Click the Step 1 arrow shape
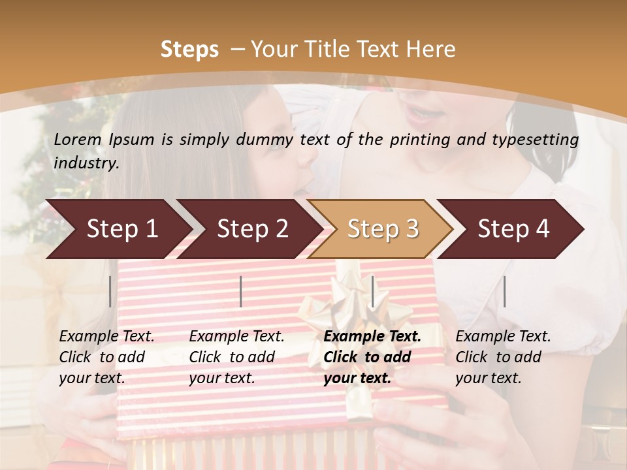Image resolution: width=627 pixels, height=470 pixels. point(118,229)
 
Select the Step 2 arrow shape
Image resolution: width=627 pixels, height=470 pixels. point(249,229)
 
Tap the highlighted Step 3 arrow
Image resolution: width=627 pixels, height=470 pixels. point(381,229)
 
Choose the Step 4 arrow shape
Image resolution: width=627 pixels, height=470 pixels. point(511,229)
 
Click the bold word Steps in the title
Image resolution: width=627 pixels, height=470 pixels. point(189,49)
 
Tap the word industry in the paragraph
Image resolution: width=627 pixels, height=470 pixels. point(86,163)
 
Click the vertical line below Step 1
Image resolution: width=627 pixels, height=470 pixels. point(110,291)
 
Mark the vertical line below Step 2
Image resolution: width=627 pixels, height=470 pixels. point(241,291)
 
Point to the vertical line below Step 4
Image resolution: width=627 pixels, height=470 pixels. point(504,291)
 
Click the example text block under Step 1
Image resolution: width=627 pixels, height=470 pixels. point(106,357)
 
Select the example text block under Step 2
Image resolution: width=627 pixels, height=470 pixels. point(236,357)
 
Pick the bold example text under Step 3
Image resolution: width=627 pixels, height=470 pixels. point(372,357)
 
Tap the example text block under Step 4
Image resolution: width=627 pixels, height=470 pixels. point(503,357)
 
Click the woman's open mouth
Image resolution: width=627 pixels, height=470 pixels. point(419,116)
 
